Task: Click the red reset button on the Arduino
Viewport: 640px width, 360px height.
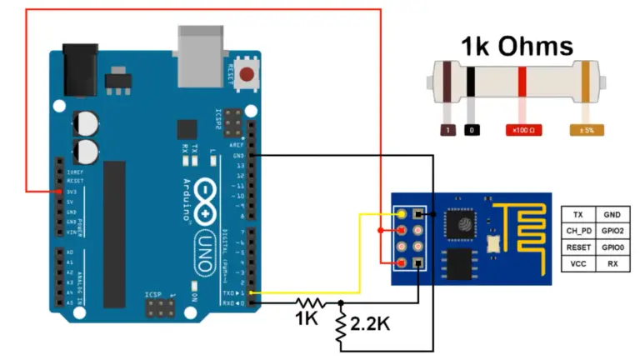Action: pyautogui.click(x=246, y=74)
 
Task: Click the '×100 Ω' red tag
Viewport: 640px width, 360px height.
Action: pyautogui.click(x=522, y=130)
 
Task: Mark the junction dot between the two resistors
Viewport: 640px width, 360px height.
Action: pyautogui.click(x=341, y=302)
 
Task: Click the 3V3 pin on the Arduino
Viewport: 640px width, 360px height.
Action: pyautogui.click(x=60, y=191)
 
